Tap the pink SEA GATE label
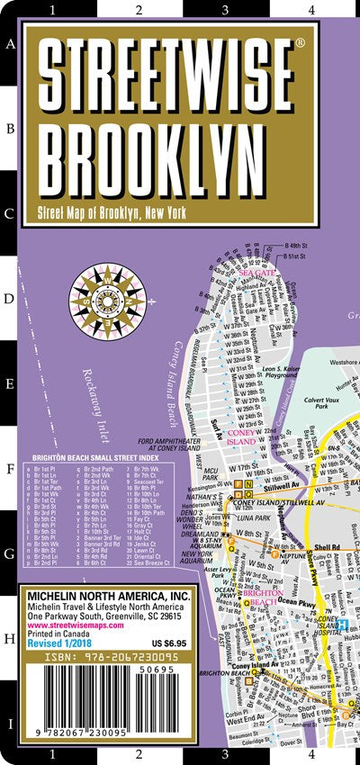point(257,273)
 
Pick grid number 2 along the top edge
point(138,12)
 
